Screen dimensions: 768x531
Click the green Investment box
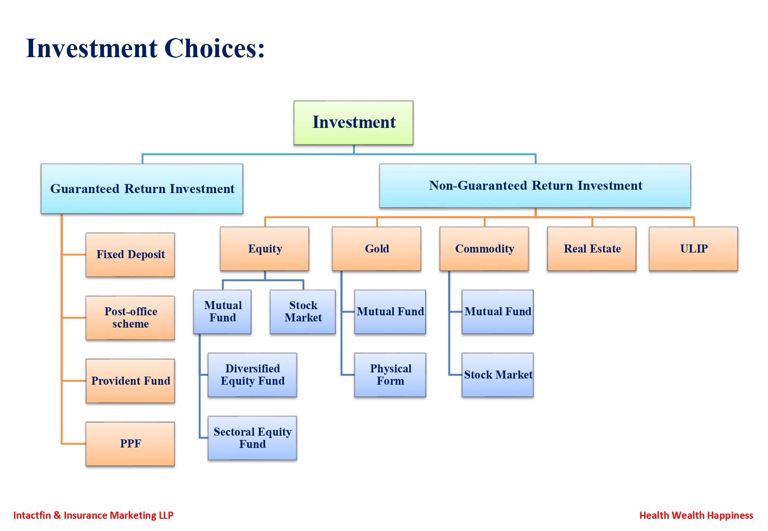(x=354, y=123)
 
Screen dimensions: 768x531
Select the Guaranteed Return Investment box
(x=142, y=189)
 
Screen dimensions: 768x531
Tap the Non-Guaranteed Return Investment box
(x=535, y=185)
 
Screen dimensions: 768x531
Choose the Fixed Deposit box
(x=130, y=255)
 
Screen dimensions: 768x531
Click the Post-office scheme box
(x=130, y=318)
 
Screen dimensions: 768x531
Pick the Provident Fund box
(x=130, y=381)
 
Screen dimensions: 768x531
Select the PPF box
(x=130, y=444)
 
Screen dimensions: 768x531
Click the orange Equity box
(x=265, y=249)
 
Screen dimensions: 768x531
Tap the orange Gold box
(x=377, y=249)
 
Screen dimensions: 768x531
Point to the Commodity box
(x=484, y=249)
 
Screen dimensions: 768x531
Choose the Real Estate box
(x=592, y=249)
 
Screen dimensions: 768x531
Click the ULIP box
(x=693, y=249)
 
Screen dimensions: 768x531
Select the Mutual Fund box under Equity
(x=222, y=312)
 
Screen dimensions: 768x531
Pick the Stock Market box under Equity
(x=303, y=312)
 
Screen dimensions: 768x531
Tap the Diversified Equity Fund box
(x=252, y=375)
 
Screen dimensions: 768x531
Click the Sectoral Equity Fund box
(x=252, y=438)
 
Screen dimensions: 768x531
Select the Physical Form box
(x=390, y=375)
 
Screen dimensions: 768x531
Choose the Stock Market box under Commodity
(x=498, y=375)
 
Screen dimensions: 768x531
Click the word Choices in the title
(x=215, y=48)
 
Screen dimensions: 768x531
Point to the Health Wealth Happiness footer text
(x=696, y=515)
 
